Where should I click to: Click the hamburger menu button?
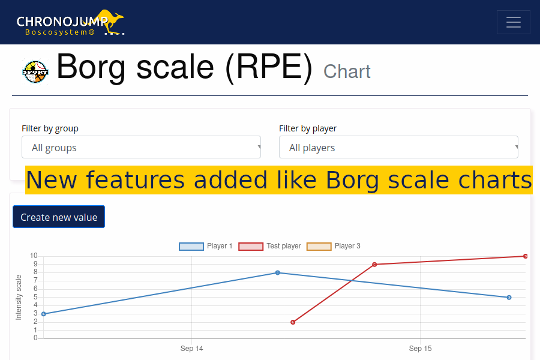[513, 22]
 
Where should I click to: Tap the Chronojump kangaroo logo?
[70, 22]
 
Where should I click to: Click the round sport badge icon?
[35, 71]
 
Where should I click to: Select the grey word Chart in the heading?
[347, 71]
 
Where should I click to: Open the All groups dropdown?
[141, 147]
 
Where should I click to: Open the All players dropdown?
[398, 147]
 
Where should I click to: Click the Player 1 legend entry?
[206, 246]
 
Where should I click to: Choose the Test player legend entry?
[269, 246]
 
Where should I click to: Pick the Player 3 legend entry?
[334, 246]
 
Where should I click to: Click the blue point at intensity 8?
[278, 273]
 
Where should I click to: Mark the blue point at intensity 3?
[44, 314]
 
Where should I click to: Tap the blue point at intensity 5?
[509, 298]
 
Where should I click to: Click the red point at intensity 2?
[293, 322]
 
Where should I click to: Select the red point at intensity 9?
[374, 265]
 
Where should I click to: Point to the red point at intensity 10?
[525, 256]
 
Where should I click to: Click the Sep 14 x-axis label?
[191, 348]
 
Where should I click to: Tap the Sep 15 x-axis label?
[420, 348]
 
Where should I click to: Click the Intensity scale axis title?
[19, 298]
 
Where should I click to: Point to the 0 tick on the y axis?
[35, 338]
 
